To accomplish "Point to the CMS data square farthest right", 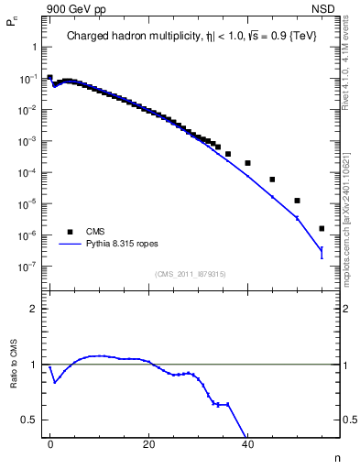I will tap(322, 229).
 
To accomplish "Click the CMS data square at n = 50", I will tap(297, 201).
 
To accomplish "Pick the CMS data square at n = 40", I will tap(248, 163).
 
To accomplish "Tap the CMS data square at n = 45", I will tap(272, 180).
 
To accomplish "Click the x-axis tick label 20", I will tap(148, 443).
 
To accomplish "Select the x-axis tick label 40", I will tap(247, 443).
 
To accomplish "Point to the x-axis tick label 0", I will tap(50, 443).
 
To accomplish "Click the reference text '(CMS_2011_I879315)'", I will tap(191, 274).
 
